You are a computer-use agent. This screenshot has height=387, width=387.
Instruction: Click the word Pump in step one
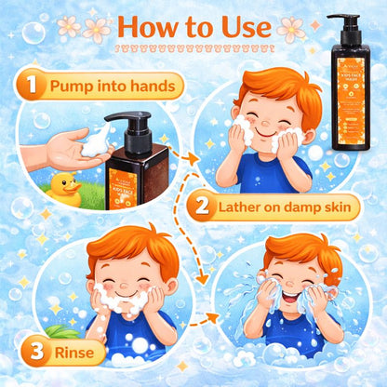(73, 87)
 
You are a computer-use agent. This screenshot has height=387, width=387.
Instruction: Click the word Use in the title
(244, 27)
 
